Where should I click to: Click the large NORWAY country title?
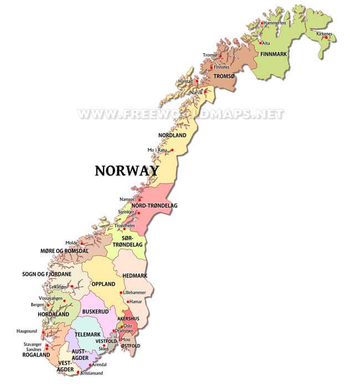(x=127, y=170)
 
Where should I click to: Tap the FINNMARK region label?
(x=272, y=54)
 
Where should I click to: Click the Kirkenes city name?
(x=324, y=33)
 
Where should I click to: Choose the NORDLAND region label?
(x=172, y=136)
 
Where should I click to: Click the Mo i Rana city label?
(x=157, y=150)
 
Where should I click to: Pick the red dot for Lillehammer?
(x=121, y=293)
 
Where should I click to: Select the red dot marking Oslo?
(x=121, y=326)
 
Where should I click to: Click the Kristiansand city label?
(x=91, y=373)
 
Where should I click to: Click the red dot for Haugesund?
(x=42, y=333)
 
